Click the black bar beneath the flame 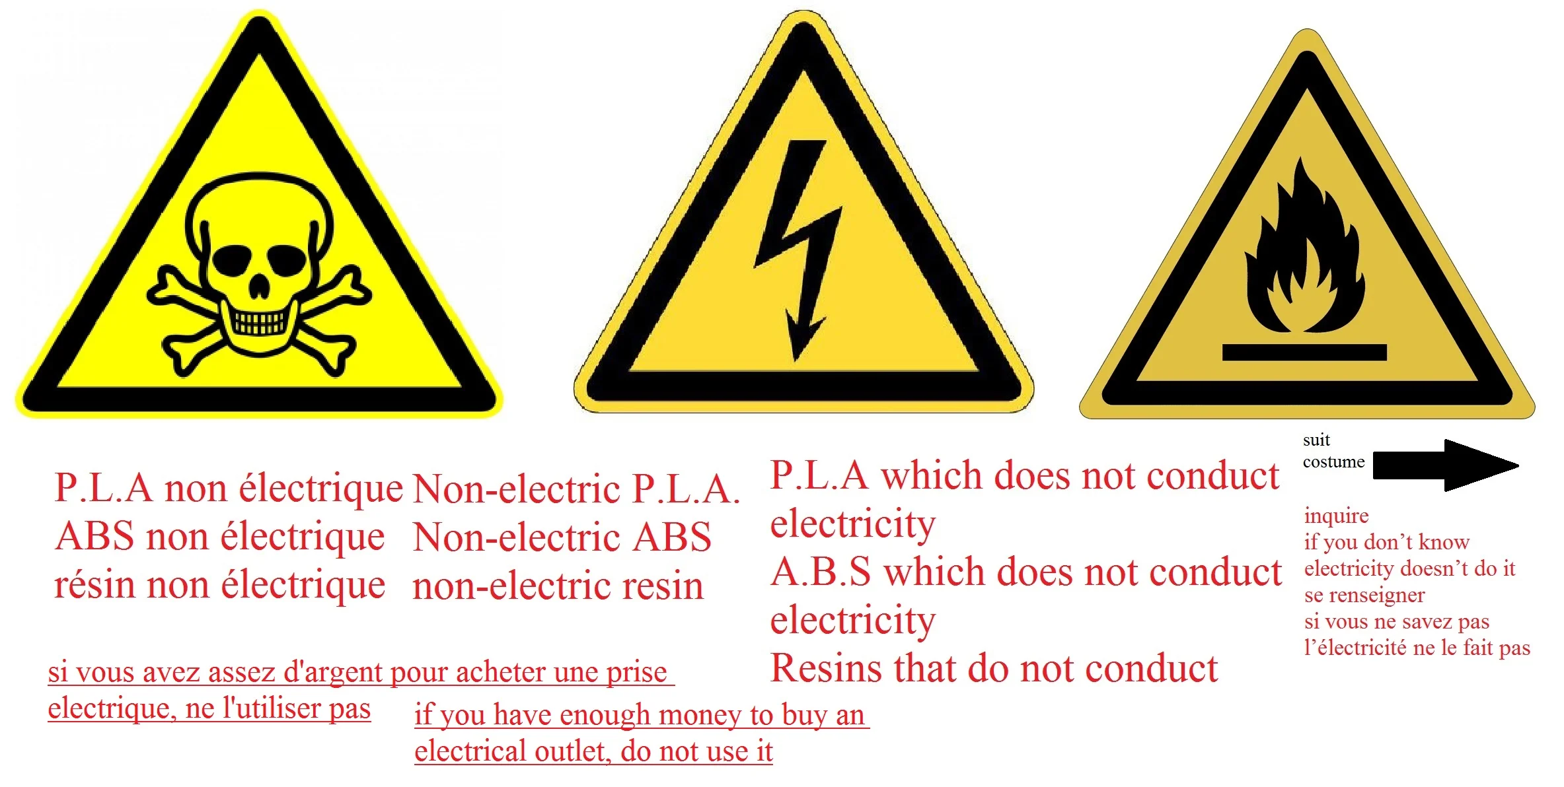coord(1304,353)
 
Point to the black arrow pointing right coord(1446,465)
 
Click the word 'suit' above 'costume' coord(1316,440)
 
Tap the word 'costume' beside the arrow coord(1333,462)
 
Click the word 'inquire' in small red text coord(1336,516)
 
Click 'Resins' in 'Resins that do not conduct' coord(827,668)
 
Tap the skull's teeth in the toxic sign coord(259,323)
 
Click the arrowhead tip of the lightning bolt coord(796,361)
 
